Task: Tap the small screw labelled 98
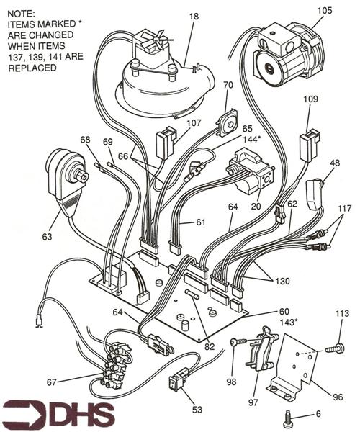click(x=235, y=343)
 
